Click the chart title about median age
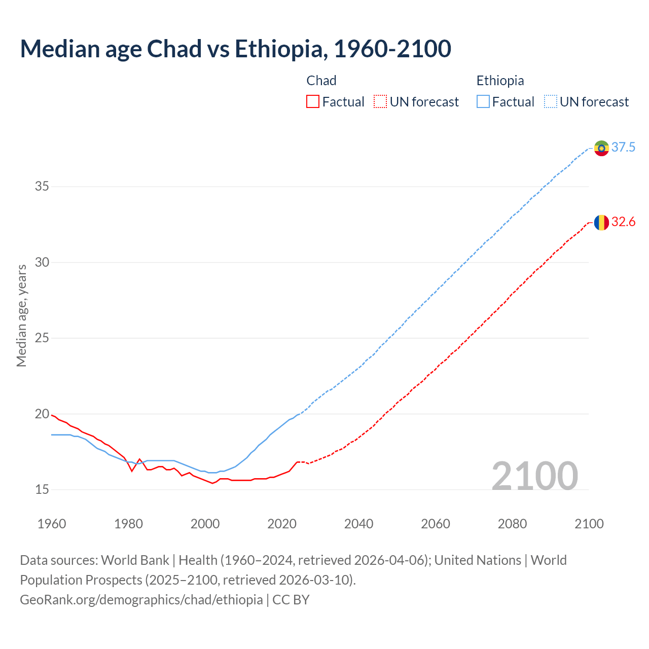click(235, 49)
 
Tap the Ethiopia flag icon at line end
click(601, 148)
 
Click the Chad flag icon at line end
click(601, 223)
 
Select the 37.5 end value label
click(623, 148)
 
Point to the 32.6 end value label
click(623, 222)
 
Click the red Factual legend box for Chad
click(313, 102)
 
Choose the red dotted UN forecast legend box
click(380, 102)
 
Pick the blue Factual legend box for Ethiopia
click(483, 102)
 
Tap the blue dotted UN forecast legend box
click(550, 102)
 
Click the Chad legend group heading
click(321, 81)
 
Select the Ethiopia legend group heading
click(500, 81)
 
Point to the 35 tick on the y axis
click(42, 187)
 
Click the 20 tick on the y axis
click(42, 414)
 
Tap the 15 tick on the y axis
click(42, 490)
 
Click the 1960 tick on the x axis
click(52, 524)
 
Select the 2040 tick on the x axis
click(358, 524)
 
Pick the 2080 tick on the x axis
click(512, 524)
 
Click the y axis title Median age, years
click(21, 315)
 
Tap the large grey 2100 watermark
click(534, 476)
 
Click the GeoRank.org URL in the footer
click(141, 600)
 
